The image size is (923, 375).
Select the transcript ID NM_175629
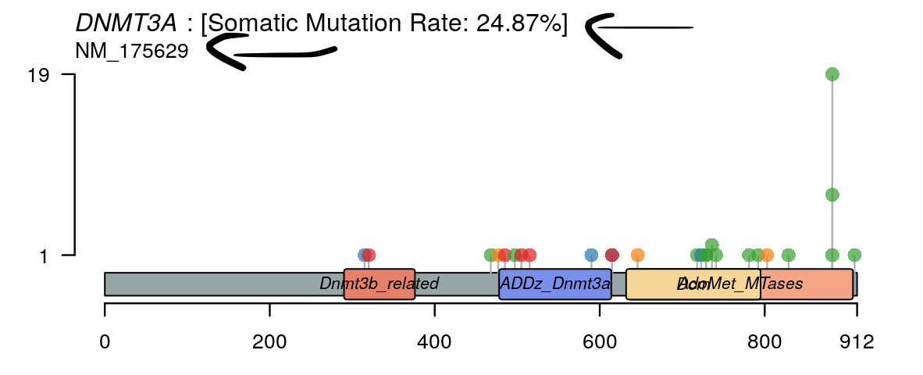[131, 52]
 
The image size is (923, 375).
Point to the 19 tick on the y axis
[39, 75]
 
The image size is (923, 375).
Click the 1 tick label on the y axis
[45, 255]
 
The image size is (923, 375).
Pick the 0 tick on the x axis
[105, 342]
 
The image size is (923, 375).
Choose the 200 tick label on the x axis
[269, 342]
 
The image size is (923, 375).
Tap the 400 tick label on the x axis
[434, 342]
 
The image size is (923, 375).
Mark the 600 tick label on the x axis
[599, 342]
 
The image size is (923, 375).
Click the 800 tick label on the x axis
[764, 342]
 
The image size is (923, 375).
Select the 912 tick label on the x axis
[856, 342]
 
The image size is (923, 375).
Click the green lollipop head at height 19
[832, 74]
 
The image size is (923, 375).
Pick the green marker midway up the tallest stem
[832, 195]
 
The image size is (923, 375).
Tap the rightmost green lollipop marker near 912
[854, 255]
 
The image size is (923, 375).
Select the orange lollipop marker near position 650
[637, 255]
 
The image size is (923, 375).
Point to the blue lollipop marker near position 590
[591, 255]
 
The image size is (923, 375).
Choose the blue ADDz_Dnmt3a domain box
[554, 284]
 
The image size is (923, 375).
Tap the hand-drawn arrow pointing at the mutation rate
[625, 31]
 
